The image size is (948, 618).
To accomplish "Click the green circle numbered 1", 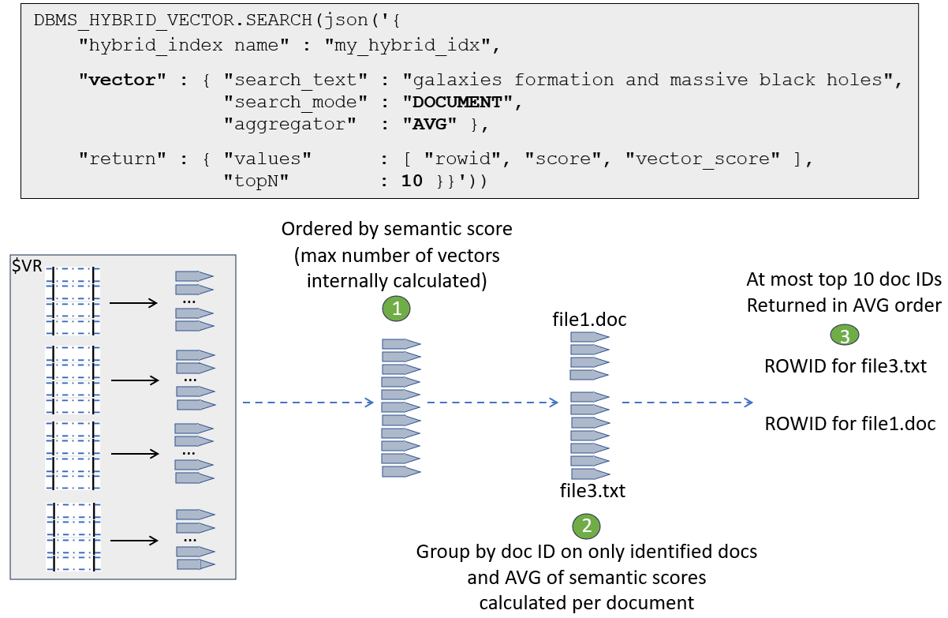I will pyautogui.click(x=397, y=309).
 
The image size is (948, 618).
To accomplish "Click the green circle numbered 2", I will pyautogui.click(x=585, y=526).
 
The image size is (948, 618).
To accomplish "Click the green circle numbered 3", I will pyautogui.click(x=844, y=335).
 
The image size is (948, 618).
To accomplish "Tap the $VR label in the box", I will pyautogui.click(x=28, y=267).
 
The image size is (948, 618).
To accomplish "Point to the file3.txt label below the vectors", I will pyautogui.click(x=592, y=491).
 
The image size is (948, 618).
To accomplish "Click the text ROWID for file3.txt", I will pyautogui.click(x=845, y=367).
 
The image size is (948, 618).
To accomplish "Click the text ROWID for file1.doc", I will pyautogui.click(x=849, y=424).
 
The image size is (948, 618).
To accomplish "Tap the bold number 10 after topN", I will pyautogui.click(x=412, y=182).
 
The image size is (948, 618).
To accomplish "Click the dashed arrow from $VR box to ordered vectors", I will pyautogui.click(x=307, y=403).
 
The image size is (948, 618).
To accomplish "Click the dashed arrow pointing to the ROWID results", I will pyautogui.click(x=686, y=403).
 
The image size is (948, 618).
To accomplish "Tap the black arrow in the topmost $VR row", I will pyautogui.click(x=136, y=301).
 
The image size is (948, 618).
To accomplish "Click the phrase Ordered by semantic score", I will pyautogui.click(x=397, y=229).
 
